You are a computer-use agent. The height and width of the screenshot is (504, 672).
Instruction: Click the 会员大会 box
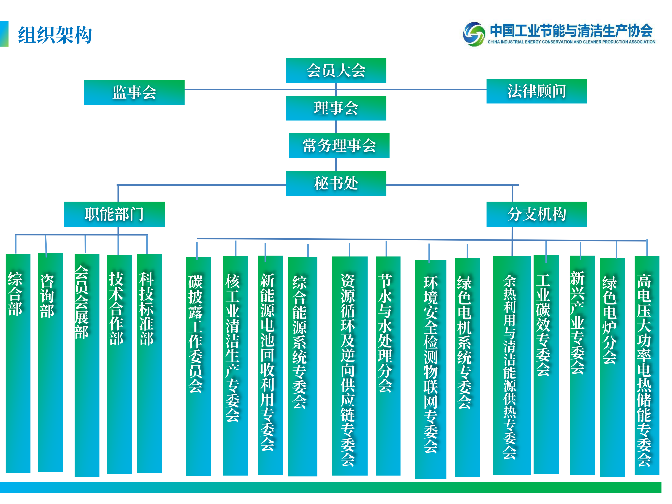[336, 71]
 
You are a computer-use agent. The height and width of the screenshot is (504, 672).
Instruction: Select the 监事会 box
[134, 93]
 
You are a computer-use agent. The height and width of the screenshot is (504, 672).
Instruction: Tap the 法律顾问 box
[536, 91]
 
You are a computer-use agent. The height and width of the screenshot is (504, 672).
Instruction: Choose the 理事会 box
[336, 108]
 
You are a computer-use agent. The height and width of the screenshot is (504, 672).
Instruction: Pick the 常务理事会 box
[339, 146]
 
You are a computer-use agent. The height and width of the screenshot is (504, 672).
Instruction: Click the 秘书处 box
[336, 183]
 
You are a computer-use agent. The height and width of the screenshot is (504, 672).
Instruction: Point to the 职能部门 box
[114, 214]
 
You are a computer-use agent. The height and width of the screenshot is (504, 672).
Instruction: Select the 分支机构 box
[536, 214]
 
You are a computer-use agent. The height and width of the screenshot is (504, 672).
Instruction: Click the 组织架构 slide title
[55, 35]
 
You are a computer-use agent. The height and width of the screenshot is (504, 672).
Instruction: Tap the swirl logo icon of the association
[474, 34]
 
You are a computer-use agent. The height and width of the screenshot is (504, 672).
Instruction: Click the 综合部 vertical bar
[18, 363]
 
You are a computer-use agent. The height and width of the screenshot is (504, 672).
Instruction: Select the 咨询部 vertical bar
[50, 362]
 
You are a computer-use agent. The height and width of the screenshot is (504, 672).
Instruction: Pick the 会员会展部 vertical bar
[87, 366]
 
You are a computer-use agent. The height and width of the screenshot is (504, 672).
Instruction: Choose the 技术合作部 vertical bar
[119, 364]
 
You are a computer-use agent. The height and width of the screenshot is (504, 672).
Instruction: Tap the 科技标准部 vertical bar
[149, 363]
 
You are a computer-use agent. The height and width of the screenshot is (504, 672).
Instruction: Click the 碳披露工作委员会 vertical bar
[198, 366]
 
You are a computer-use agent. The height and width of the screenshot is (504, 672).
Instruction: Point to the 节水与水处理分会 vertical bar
[388, 366]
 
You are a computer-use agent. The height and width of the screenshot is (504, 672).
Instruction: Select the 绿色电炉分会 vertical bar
[612, 367]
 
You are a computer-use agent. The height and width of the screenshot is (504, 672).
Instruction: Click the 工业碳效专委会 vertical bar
[546, 364]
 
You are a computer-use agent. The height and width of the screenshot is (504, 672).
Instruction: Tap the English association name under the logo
[571, 42]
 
